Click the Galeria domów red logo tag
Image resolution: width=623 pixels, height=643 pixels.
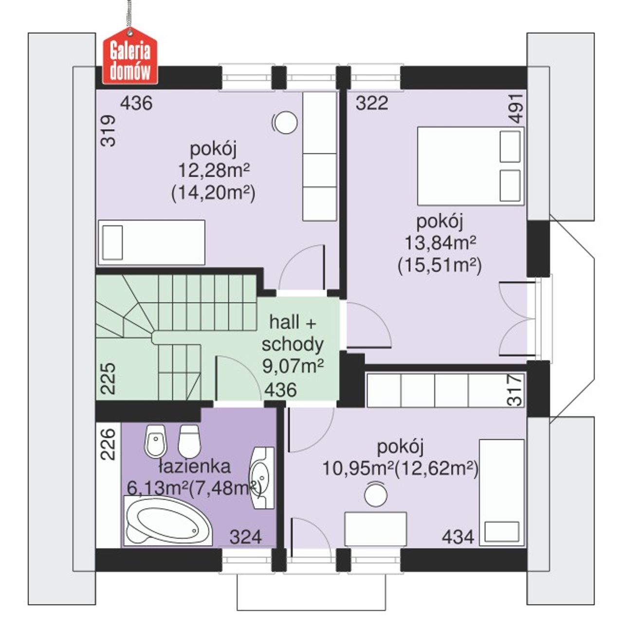click(x=130, y=55)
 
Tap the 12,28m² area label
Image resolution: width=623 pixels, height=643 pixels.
click(x=213, y=170)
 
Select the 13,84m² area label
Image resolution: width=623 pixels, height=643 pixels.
click(x=440, y=243)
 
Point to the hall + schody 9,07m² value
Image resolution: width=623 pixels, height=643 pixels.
click(x=293, y=366)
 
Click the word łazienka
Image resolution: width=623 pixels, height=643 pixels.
click(x=195, y=467)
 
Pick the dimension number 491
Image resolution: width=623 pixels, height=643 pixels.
click(x=516, y=109)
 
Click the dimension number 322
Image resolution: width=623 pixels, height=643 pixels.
click(x=372, y=103)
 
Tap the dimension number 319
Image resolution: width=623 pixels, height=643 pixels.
click(x=108, y=131)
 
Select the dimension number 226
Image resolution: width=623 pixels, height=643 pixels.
click(x=108, y=444)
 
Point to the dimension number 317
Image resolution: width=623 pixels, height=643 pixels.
click(x=514, y=389)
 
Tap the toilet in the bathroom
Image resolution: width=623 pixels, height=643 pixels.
click(x=189, y=441)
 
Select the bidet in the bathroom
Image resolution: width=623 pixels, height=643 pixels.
click(x=155, y=441)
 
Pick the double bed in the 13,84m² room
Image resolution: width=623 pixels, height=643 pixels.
click(x=470, y=166)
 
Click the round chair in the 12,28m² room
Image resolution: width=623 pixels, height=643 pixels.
click(x=285, y=122)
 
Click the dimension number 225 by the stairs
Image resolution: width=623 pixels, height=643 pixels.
click(x=108, y=379)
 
